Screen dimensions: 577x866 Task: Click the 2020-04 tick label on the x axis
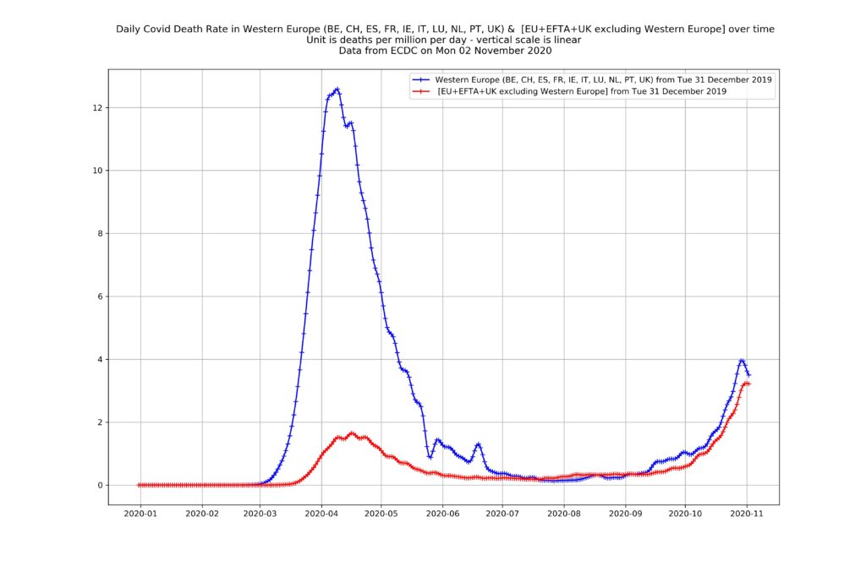click(321, 513)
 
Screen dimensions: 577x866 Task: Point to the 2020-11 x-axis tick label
click(746, 513)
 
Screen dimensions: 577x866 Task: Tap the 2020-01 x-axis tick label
click(140, 513)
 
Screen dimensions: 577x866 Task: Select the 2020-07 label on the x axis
click(502, 513)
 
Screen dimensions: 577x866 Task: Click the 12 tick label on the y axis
click(97, 108)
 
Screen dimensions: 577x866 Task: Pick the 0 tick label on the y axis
click(100, 485)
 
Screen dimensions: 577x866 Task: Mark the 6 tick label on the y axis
click(100, 297)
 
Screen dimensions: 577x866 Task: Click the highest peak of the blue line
click(337, 89)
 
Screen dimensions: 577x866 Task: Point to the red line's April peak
click(353, 433)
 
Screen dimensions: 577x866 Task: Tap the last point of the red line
click(748, 384)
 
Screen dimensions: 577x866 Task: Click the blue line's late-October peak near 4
click(742, 360)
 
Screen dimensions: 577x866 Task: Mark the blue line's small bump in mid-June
click(478, 444)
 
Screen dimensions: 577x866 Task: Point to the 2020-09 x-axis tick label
click(624, 513)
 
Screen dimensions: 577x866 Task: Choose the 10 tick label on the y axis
click(97, 171)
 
